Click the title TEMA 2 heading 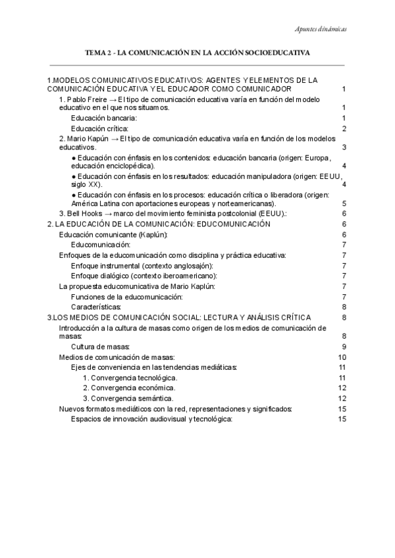tap(197, 51)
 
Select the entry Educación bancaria tap(99, 117)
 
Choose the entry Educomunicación tap(101, 245)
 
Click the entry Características tap(96, 307)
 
